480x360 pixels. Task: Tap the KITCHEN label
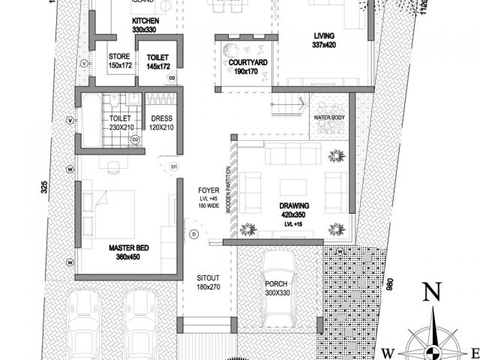click(144, 20)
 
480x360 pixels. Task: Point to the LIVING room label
click(324, 35)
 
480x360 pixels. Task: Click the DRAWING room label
click(294, 205)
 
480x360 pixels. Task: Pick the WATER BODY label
click(329, 118)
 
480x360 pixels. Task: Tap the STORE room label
click(120, 56)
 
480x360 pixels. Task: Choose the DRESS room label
click(162, 118)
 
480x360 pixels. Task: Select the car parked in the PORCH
click(278, 289)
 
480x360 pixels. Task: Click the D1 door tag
click(174, 166)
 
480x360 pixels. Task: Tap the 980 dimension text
click(388, 288)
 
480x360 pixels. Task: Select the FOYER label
click(208, 190)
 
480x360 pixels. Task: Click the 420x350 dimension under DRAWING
click(294, 214)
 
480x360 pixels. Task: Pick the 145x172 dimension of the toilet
click(157, 66)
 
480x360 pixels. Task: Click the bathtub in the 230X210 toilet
click(89, 121)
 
